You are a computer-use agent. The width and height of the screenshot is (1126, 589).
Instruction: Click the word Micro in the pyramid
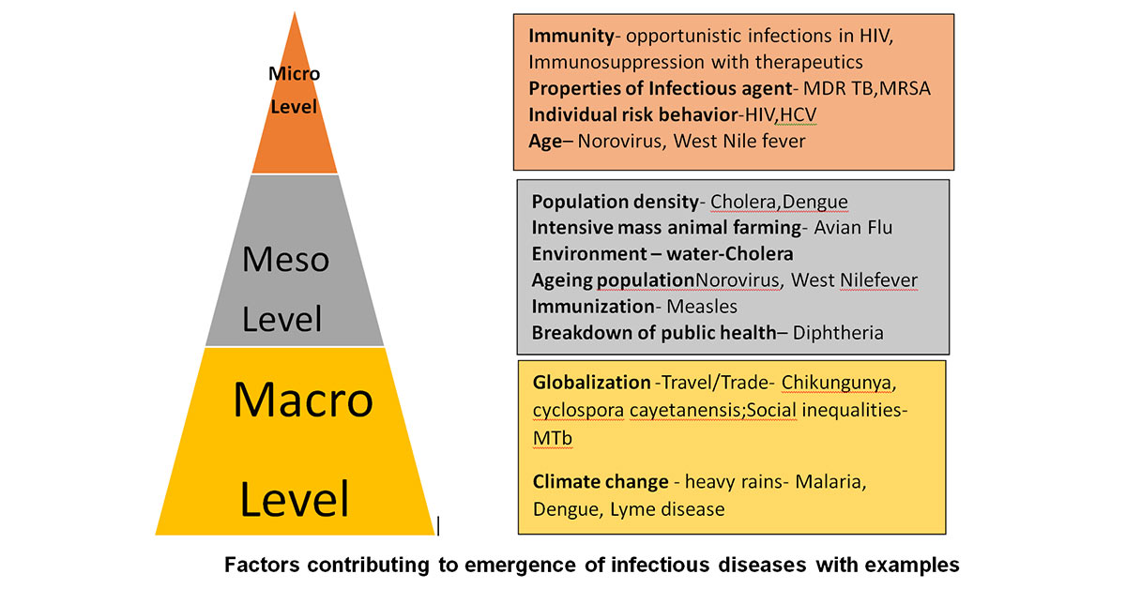294,74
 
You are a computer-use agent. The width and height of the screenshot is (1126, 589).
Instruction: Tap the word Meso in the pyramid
285,260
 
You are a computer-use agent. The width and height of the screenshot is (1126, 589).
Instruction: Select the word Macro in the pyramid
303,400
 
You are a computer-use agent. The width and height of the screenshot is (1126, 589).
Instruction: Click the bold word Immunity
571,37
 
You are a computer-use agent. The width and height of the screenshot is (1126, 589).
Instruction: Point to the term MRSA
905,88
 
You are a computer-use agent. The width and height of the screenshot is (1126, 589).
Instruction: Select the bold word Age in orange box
545,142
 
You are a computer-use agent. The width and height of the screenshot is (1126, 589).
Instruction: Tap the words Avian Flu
853,228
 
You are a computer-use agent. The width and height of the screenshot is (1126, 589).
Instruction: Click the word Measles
702,307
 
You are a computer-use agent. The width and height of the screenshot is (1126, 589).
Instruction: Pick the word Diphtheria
838,333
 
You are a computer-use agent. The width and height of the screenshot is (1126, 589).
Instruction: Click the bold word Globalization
592,383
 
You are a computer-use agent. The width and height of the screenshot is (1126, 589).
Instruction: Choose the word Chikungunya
836,384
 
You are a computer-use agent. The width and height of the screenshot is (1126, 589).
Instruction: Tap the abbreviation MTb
553,438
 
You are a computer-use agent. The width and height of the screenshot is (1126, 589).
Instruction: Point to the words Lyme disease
667,510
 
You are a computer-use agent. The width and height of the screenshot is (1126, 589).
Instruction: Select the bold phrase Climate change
601,482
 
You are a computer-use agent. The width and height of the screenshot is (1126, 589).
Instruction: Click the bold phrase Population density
615,202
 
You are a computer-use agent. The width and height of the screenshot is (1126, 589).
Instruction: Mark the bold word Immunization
593,307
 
